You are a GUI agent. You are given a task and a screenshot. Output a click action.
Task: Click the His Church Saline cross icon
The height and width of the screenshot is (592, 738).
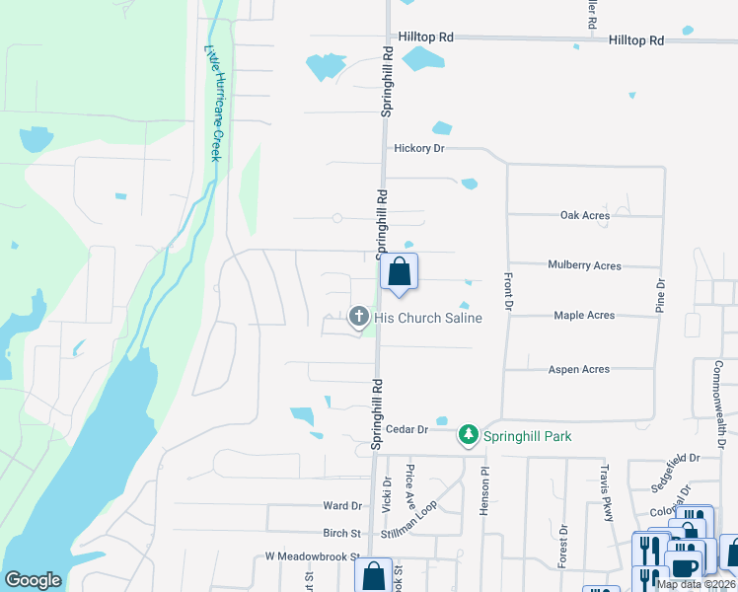click(358, 317)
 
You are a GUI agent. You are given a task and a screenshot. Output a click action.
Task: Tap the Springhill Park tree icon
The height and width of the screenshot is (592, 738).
click(469, 435)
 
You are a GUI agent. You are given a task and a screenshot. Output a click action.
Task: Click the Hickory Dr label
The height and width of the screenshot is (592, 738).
click(419, 148)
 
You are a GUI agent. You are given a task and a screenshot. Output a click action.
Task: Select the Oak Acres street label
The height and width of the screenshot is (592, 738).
click(585, 215)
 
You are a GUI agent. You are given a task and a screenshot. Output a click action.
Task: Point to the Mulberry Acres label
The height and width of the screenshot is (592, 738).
click(585, 265)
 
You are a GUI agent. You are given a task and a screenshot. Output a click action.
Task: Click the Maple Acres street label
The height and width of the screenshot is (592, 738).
click(584, 316)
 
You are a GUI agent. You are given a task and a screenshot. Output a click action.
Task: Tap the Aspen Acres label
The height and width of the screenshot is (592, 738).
click(579, 369)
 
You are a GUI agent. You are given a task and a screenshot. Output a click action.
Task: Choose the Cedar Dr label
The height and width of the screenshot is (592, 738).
click(406, 429)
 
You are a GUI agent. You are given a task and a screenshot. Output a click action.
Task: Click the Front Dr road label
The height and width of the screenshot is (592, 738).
click(508, 292)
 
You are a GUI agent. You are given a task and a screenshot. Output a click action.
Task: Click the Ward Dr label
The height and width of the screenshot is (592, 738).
click(342, 505)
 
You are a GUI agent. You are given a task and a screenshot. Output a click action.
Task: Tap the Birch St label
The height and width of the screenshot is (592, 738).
click(341, 533)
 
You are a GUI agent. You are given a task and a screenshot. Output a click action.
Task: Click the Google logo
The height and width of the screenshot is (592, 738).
click(33, 580)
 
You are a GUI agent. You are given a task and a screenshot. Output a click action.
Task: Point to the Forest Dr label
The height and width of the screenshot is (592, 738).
click(563, 544)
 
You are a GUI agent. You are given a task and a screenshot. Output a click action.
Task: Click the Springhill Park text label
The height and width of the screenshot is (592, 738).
click(527, 436)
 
